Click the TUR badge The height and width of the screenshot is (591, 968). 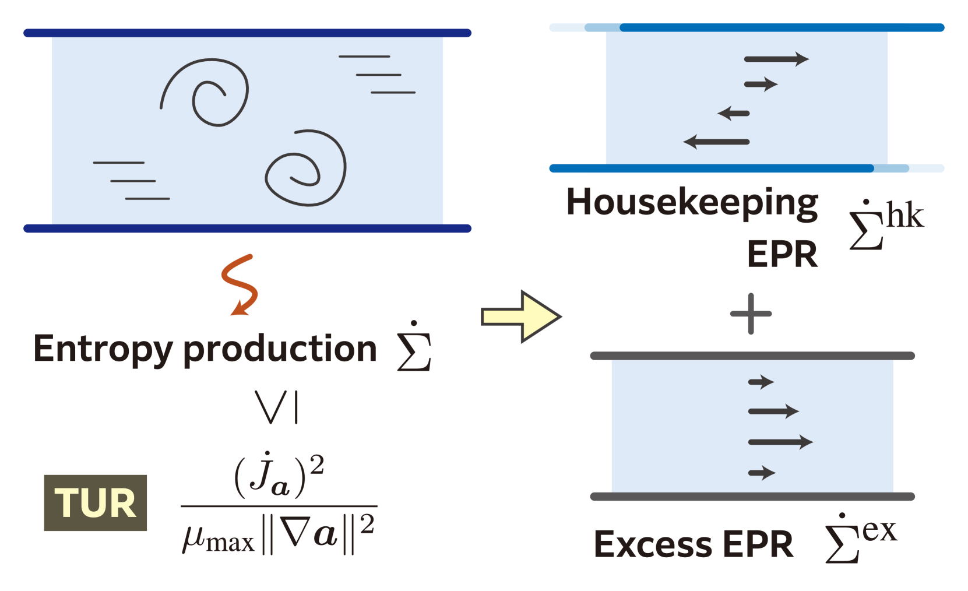(x=96, y=502)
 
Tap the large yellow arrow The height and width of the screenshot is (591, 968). (x=520, y=316)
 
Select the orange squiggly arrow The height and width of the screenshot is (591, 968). (x=240, y=284)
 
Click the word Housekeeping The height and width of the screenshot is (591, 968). (x=692, y=203)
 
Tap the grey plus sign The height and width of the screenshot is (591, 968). (x=751, y=314)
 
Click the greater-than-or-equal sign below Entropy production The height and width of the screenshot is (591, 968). (x=278, y=406)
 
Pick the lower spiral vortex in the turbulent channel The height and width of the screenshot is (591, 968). (x=305, y=168)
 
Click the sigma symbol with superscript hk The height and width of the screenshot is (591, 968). (x=885, y=224)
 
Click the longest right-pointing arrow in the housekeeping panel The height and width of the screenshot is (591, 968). (x=776, y=59)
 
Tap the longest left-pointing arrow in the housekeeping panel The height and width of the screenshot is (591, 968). (x=716, y=142)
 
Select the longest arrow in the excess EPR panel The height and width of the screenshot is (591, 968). (x=780, y=442)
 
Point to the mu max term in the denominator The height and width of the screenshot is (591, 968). (x=219, y=536)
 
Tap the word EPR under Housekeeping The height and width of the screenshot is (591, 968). (x=782, y=254)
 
